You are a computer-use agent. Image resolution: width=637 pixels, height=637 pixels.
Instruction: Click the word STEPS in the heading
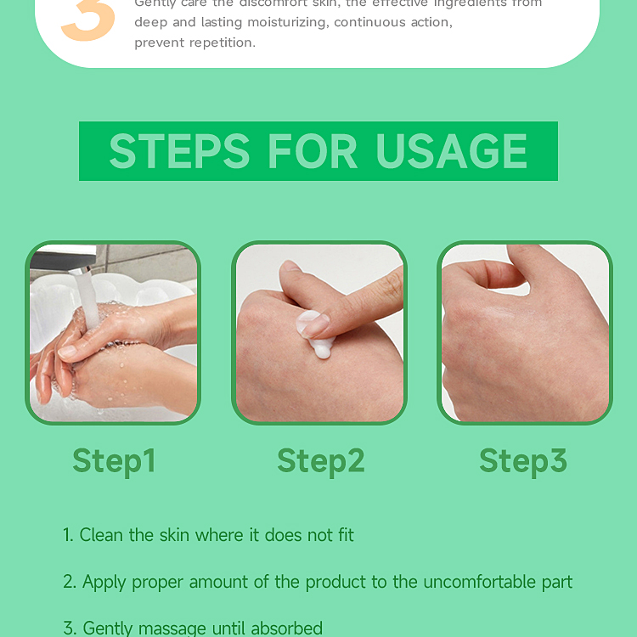pyautogui.click(x=179, y=151)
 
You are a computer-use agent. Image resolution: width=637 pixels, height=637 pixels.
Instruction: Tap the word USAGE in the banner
pyautogui.click(x=452, y=151)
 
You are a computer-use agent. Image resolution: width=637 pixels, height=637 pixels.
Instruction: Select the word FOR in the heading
pyautogui.click(x=313, y=151)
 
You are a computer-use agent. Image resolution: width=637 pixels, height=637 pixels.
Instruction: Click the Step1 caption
pyautogui.click(x=114, y=460)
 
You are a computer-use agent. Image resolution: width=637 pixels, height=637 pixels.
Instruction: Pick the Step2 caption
pyautogui.click(x=320, y=460)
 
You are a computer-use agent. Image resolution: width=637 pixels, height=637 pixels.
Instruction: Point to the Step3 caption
pyautogui.click(x=522, y=460)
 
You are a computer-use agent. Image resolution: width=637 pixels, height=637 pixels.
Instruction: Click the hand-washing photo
pyautogui.click(x=113, y=333)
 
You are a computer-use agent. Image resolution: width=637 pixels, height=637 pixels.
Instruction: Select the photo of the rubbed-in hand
pyautogui.click(x=524, y=333)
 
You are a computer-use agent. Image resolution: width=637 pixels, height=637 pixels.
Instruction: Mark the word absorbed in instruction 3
pyautogui.click(x=283, y=629)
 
